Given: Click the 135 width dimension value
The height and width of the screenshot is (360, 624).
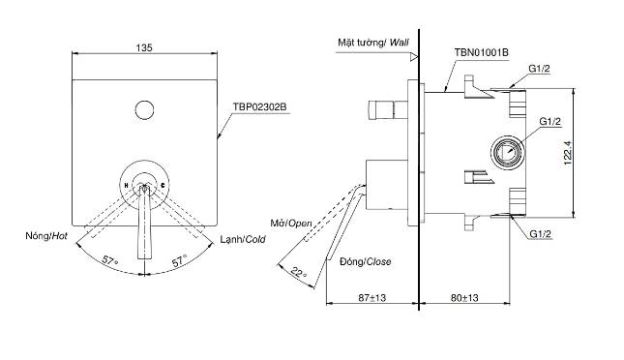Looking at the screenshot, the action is click(x=144, y=47).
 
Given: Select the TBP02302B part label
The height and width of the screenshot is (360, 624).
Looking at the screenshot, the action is click(x=260, y=107).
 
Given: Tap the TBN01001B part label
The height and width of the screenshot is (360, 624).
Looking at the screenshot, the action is click(x=482, y=52).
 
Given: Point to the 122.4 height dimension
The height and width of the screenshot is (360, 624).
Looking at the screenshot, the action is click(x=568, y=153).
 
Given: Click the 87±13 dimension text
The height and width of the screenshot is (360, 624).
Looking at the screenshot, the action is click(x=372, y=297).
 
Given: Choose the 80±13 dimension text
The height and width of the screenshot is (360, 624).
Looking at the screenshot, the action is click(x=464, y=297).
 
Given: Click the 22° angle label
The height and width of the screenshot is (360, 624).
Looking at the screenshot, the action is click(x=299, y=273).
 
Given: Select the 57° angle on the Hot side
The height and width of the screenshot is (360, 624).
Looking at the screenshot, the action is click(x=110, y=261).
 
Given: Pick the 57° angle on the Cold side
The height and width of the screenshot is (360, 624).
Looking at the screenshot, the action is click(x=180, y=261).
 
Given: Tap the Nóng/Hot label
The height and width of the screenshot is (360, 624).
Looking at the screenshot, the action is click(x=46, y=236).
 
